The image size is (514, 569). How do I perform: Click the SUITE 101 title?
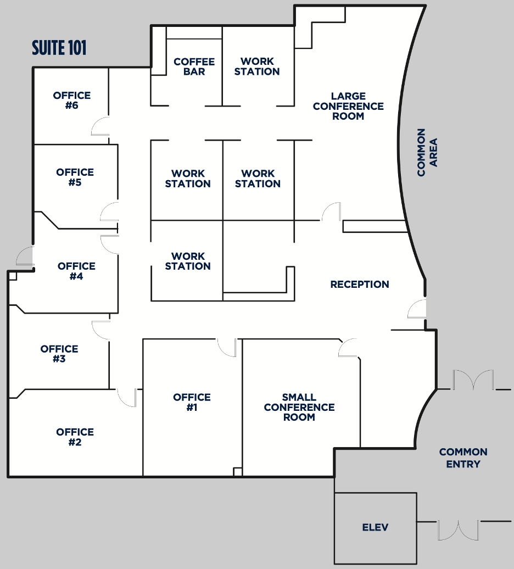(x=59, y=48)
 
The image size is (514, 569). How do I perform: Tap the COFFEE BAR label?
(x=194, y=66)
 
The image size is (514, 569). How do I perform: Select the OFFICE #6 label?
(x=72, y=101)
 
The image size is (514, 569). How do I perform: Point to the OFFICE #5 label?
(x=75, y=177)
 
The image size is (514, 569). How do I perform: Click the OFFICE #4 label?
(x=76, y=271)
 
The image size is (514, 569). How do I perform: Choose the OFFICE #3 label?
(x=59, y=354)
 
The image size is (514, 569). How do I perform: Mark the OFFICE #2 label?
(x=75, y=437)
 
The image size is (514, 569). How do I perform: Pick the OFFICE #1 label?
(x=192, y=402)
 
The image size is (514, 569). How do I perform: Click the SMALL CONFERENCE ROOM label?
(x=299, y=407)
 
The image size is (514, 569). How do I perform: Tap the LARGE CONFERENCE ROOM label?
(x=348, y=106)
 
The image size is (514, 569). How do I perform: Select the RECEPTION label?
(x=360, y=284)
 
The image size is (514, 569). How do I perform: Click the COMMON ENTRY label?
(x=463, y=458)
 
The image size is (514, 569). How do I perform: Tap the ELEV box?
(x=376, y=528)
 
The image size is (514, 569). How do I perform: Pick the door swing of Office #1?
(x=227, y=347)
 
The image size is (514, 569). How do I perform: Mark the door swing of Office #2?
(x=127, y=398)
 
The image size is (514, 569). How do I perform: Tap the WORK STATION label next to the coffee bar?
(x=257, y=66)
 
